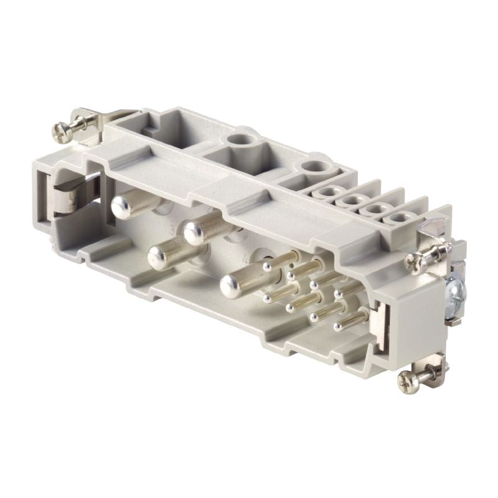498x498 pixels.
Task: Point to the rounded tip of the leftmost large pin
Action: coord(121,205)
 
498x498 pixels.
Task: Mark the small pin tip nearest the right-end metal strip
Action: coord(339,325)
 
